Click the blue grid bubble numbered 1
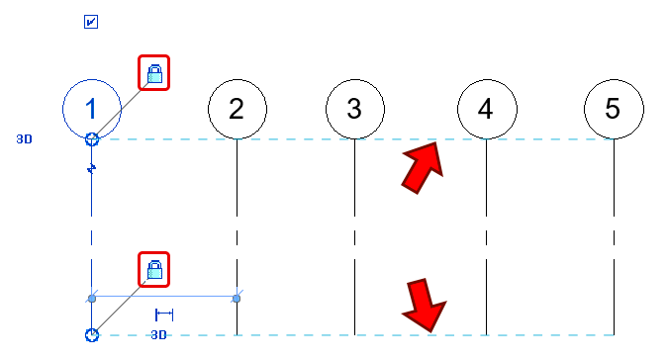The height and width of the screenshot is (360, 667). click(x=91, y=107)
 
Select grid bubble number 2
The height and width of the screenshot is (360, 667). click(x=237, y=109)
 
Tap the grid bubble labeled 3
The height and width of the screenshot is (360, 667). click(x=354, y=109)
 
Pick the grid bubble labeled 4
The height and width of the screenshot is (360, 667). click(x=485, y=109)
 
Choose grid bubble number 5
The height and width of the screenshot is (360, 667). click(x=613, y=109)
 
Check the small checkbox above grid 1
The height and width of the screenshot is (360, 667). click(x=91, y=22)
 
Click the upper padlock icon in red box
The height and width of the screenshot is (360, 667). click(x=153, y=72)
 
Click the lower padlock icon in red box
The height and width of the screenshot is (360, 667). click(x=153, y=268)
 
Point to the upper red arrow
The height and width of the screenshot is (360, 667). click(x=423, y=161)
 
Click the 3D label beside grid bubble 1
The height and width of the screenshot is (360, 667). click(x=25, y=139)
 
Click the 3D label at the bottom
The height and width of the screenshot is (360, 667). click(x=158, y=335)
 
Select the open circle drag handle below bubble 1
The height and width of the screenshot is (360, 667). click(x=91, y=139)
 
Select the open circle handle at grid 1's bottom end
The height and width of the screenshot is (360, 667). click(x=91, y=335)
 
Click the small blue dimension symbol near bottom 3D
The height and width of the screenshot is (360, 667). click(x=164, y=315)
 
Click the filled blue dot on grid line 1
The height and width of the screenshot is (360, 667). click(x=92, y=297)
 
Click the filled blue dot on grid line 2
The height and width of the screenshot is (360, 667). click(x=237, y=297)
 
